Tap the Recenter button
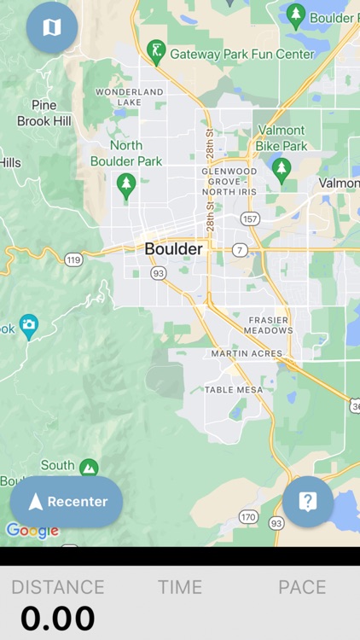[67, 502]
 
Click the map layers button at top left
[52, 27]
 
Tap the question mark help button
[308, 502]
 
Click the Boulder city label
[174, 249]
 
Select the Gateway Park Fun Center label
[242, 54]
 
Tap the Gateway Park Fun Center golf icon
[155, 52]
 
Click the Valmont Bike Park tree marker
[281, 169]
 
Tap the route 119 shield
[73, 259]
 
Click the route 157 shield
[250, 219]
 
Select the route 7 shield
[241, 250]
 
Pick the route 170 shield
[248, 517]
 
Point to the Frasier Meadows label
[269, 324]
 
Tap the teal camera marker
[29, 325]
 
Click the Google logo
[32, 530]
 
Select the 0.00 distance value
[58, 618]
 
